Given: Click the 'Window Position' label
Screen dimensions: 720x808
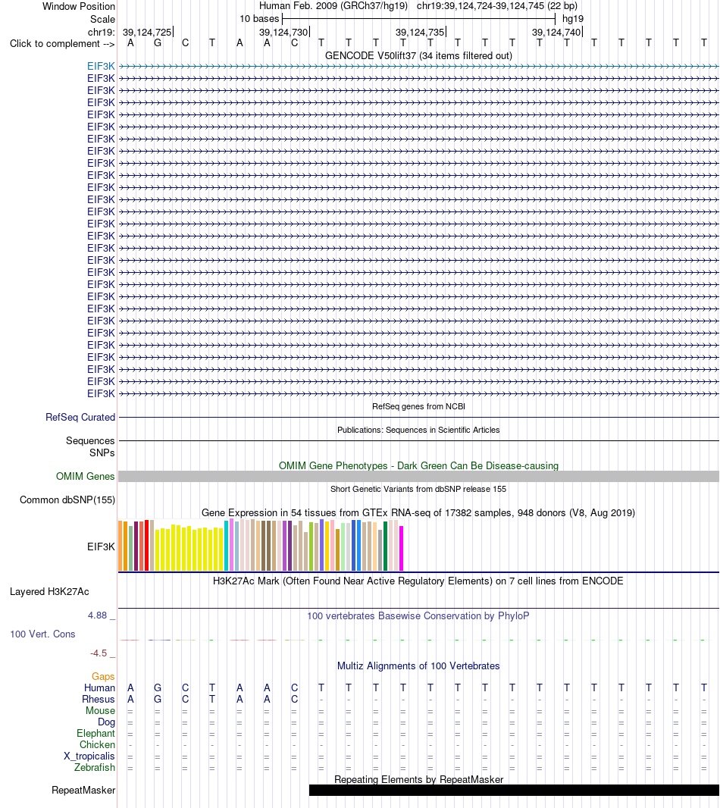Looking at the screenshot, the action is pyautogui.click(x=78, y=7).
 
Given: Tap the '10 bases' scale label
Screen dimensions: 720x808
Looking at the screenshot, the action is pyautogui.click(x=259, y=19).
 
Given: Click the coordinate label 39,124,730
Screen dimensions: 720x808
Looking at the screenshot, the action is pyautogui.click(x=283, y=32).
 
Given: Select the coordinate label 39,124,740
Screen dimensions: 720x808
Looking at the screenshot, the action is pyautogui.click(x=556, y=32).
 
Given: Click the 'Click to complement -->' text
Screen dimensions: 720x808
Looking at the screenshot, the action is pyautogui.click(x=62, y=44).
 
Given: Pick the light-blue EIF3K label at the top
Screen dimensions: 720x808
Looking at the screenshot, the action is pyautogui.click(x=101, y=66).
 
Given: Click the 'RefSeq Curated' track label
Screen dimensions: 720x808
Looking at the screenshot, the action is pyautogui.click(x=80, y=418).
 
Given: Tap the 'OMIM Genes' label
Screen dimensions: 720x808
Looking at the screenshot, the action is pyautogui.click(x=86, y=477).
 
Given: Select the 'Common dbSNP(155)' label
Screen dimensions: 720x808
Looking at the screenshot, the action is pyautogui.click(x=67, y=500).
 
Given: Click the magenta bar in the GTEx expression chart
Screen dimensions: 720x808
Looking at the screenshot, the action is pyautogui.click(x=402, y=548).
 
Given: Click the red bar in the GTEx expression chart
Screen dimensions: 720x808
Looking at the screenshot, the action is pyautogui.click(x=147, y=545).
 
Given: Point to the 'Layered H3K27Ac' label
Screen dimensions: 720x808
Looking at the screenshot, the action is pyautogui.click(x=49, y=591).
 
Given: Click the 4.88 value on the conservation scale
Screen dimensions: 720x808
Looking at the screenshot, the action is pyautogui.click(x=98, y=615).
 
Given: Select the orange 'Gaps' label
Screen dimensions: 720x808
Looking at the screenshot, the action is pyautogui.click(x=103, y=677).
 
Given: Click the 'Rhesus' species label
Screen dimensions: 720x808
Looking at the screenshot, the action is pyautogui.click(x=99, y=700).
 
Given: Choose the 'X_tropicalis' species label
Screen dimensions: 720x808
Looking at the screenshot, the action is pyautogui.click(x=89, y=756).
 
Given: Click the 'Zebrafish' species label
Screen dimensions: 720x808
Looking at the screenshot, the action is pyautogui.click(x=95, y=767).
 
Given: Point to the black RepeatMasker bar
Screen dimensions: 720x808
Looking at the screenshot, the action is pyautogui.click(x=514, y=791).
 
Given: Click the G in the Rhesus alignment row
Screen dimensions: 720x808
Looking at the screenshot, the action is pyautogui.click(x=158, y=700).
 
